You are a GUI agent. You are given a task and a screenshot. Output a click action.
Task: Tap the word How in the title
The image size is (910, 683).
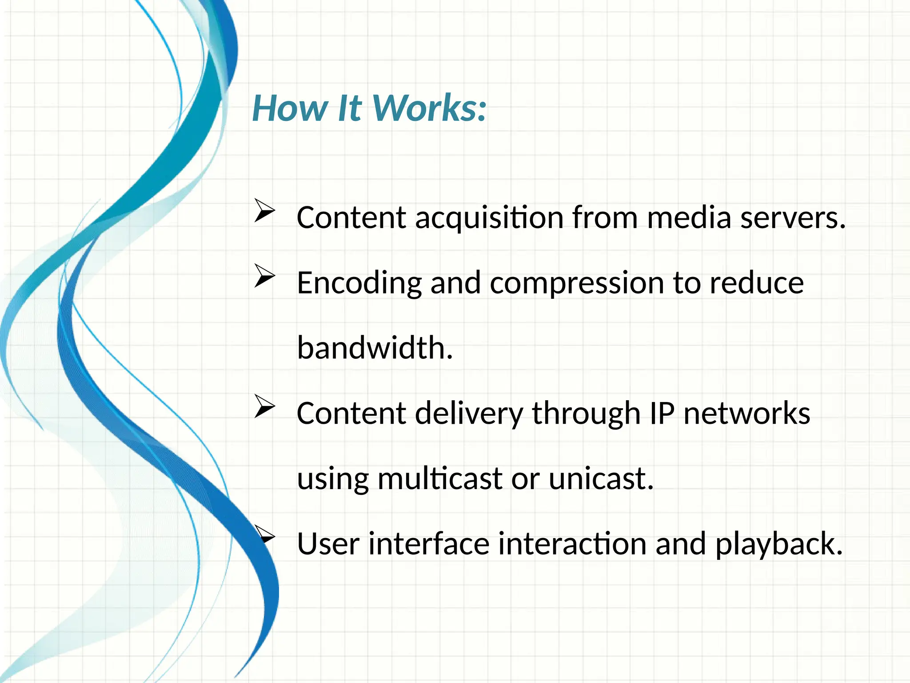point(290,108)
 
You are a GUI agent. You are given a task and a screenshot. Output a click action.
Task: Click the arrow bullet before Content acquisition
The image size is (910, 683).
point(265,210)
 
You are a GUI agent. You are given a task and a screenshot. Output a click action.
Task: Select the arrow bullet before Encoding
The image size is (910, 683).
point(265,276)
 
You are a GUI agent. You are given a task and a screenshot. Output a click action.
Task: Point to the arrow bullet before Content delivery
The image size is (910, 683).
point(265,406)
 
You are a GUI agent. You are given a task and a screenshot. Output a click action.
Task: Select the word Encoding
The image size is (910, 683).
point(359,284)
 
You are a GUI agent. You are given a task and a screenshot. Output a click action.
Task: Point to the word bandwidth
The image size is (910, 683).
point(375,348)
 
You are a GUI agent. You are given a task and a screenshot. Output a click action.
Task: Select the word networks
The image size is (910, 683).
point(746,414)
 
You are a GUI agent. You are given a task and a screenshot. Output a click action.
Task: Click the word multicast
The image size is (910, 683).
point(440,479)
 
